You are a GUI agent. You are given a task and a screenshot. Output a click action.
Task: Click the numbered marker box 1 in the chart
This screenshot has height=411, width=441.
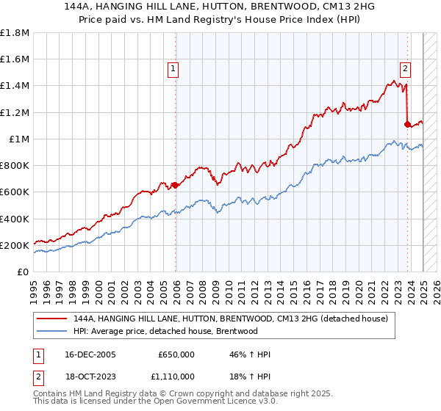(173, 70)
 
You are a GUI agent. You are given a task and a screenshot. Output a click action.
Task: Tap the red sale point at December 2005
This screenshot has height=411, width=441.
(176, 186)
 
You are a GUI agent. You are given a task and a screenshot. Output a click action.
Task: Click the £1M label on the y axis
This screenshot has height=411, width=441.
(19, 139)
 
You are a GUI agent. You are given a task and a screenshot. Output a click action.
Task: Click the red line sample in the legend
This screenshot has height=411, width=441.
(52, 318)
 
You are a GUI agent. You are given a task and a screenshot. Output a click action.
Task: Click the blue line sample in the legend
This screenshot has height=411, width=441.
(52, 331)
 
